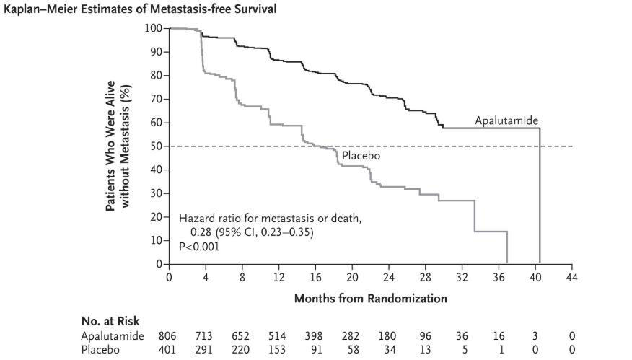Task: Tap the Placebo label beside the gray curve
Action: [361, 155]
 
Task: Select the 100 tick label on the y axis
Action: [153, 28]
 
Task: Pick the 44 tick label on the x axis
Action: [572, 277]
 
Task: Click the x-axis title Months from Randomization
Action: [370, 297]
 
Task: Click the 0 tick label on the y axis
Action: [157, 264]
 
